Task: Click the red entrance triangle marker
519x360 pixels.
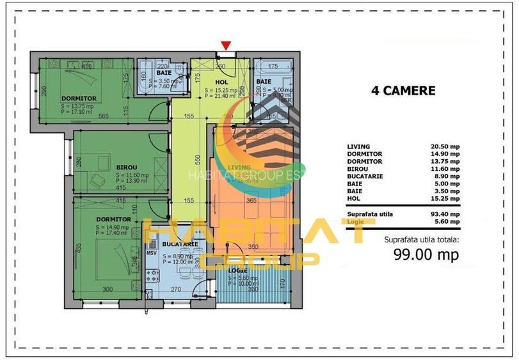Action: tap(225, 45)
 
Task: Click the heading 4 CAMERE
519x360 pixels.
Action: tap(403, 91)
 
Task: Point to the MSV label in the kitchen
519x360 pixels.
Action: tap(152, 253)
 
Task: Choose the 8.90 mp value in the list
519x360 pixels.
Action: tap(446, 176)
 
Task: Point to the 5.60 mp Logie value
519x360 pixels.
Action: tap(447, 221)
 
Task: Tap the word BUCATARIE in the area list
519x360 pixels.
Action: tap(364, 176)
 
